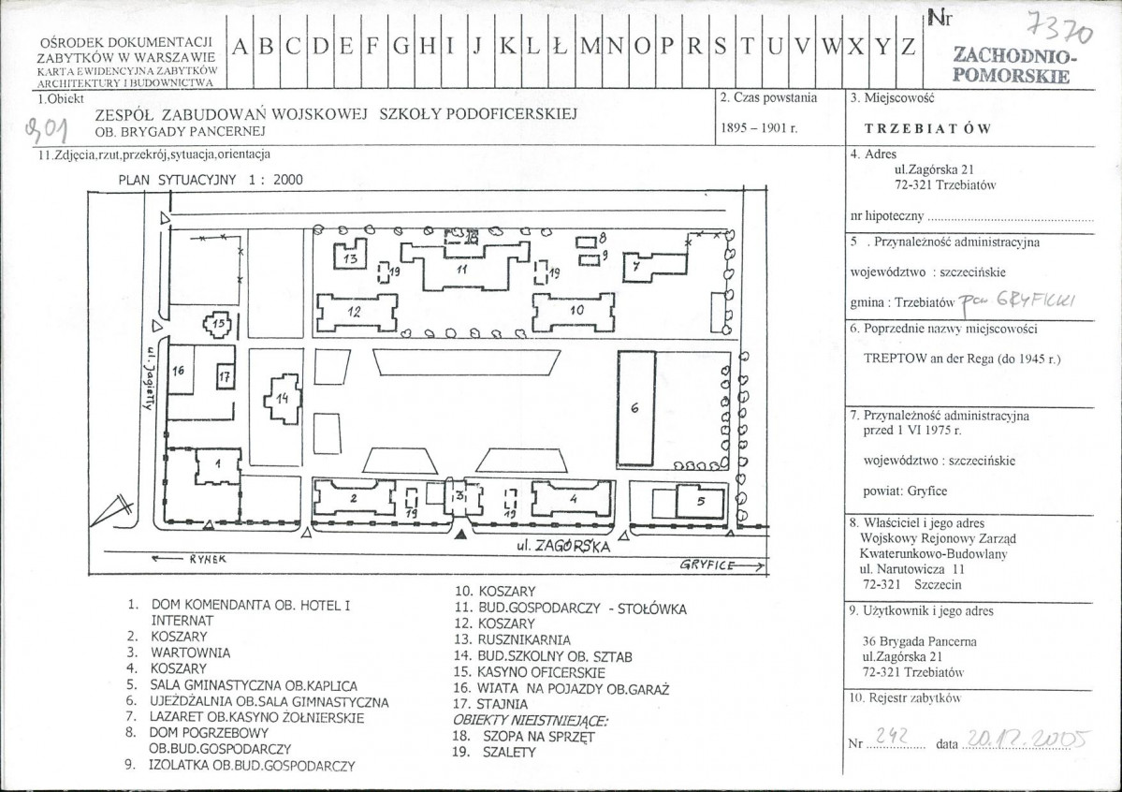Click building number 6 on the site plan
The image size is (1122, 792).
(x=636, y=408)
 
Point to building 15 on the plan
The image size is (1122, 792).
(x=219, y=325)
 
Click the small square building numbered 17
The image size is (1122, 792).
(x=226, y=376)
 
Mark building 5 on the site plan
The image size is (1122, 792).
(x=701, y=501)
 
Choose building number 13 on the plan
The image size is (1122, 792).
(x=351, y=257)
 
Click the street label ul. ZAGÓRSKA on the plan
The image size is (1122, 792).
(x=564, y=546)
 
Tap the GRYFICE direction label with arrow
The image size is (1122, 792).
(x=721, y=565)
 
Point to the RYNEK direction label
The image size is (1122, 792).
(x=189, y=559)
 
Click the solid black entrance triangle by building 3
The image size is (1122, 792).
(x=461, y=535)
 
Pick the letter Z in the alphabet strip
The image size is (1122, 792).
(x=908, y=47)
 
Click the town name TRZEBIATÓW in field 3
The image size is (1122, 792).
(x=927, y=129)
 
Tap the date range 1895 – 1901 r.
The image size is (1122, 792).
(x=759, y=128)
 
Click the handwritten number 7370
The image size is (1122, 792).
(x=1059, y=29)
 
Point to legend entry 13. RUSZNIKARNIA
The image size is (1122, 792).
(x=513, y=639)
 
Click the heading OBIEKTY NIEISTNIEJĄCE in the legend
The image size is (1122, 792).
(x=531, y=721)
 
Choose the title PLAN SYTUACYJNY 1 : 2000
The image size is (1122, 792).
(x=211, y=180)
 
